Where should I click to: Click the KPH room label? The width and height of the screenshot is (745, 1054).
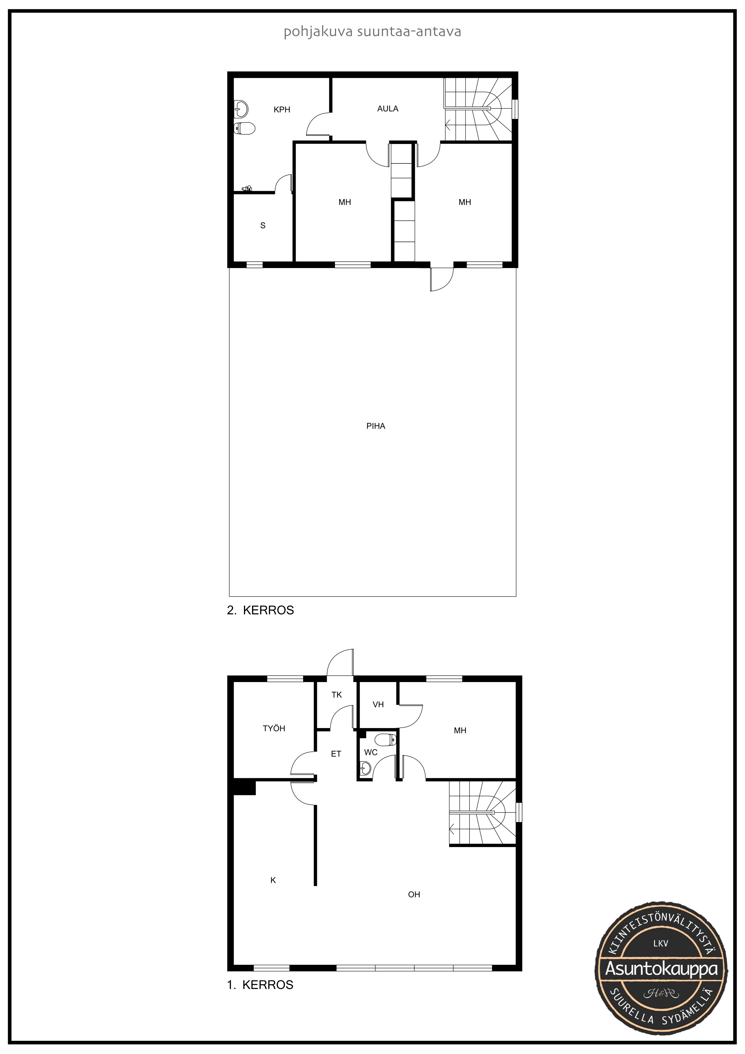[x=282, y=110]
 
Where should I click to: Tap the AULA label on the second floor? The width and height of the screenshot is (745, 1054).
[x=388, y=109]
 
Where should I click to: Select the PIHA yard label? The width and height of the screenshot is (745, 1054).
[x=376, y=426]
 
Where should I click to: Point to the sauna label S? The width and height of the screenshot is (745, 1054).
[x=263, y=225]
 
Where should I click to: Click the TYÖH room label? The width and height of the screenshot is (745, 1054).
[x=274, y=728]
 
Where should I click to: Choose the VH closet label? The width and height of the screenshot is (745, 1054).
[x=378, y=704]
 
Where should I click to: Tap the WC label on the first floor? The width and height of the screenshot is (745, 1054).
[x=371, y=752]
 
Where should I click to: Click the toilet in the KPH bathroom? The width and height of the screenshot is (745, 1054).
[x=244, y=128]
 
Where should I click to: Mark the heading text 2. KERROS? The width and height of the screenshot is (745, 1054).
[x=260, y=610]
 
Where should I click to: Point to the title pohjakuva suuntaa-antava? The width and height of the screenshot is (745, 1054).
[x=372, y=32]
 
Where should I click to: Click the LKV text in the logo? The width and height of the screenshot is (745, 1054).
[x=661, y=943]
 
